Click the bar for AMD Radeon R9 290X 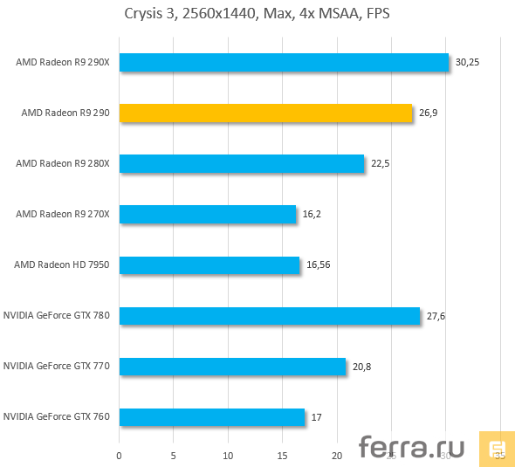284,62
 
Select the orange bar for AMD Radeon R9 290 265,113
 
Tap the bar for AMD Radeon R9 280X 241,163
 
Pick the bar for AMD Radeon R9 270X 207,214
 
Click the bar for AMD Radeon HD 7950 209,264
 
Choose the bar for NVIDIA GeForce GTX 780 270,315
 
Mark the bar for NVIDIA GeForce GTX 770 232,366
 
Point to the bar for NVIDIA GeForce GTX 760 212,416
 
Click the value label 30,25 468,62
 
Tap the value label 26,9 428,113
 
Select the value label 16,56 319,264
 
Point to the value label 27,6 436,315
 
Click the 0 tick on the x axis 120,455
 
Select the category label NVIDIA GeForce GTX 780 57,315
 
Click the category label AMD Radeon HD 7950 62,264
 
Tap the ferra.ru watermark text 412,447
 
